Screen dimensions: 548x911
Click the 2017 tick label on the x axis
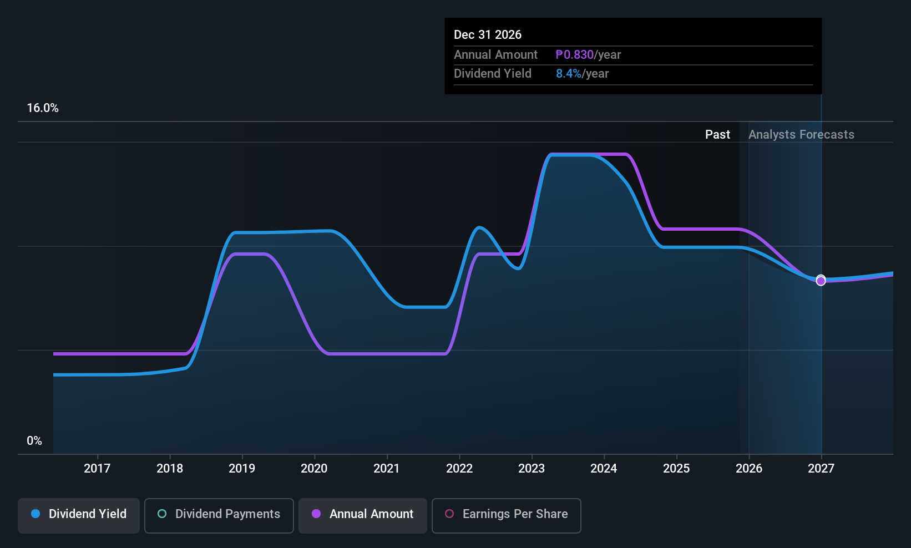tap(97, 469)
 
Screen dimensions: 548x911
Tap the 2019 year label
tap(242, 469)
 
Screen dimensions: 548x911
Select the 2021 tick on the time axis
tap(387, 469)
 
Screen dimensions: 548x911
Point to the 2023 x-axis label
tap(532, 469)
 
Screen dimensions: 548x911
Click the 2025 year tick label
tap(676, 469)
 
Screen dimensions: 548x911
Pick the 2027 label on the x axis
tap(821, 469)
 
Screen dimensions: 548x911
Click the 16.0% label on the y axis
tap(43, 108)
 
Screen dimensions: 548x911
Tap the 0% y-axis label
tap(34, 441)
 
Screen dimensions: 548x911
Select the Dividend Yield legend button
tap(79, 514)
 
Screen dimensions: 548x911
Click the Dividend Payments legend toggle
tap(219, 514)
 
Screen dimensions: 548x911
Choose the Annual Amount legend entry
tap(363, 514)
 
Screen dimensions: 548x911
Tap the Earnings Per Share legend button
tap(507, 514)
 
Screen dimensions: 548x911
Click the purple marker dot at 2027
tap(821, 281)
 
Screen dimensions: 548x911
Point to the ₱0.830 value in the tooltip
tap(575, 55)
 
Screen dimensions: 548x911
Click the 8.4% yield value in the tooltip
tap(569, 74)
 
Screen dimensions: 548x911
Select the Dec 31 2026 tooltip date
tap(488, 35)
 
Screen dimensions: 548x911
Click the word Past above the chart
tap(717, 135)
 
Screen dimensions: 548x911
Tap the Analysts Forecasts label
tap(801, 135)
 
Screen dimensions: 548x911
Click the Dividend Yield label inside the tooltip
tap(493, 74)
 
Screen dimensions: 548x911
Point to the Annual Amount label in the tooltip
tap(495, 55)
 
